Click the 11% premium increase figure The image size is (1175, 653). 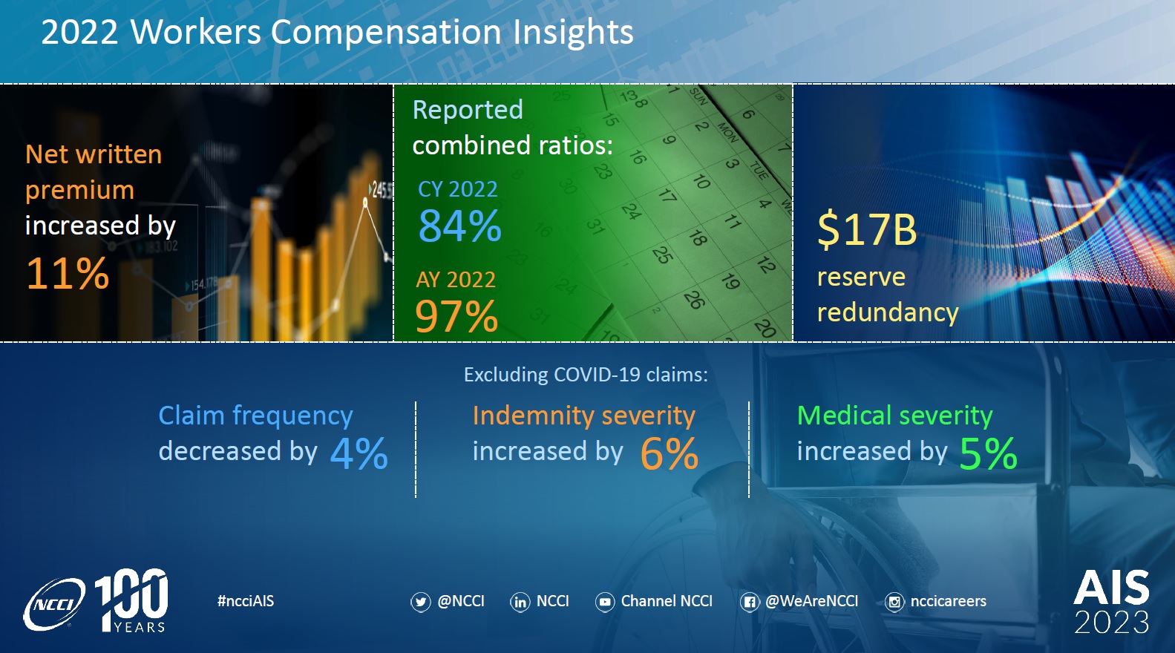(68, 274)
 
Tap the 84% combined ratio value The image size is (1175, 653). (459, 226)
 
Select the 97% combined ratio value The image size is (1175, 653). (456, 317)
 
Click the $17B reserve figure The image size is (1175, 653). (867, 229)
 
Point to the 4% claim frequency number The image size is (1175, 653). (359, 453)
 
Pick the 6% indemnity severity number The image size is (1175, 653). (669, 453)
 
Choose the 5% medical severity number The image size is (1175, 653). (988, 453)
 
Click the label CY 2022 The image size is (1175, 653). (457, 189)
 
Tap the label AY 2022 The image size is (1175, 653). (455, 280)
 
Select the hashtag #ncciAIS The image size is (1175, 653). (246, 601)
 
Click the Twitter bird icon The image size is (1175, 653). (420, 602)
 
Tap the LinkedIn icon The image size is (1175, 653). (520, 602)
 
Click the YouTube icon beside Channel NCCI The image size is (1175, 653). (605, 602)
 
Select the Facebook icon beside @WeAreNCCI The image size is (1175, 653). (749, 602)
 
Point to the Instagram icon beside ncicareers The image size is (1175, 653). (894, 602)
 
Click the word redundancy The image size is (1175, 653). (887, 312)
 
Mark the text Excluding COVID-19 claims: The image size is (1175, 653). (586, 375)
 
